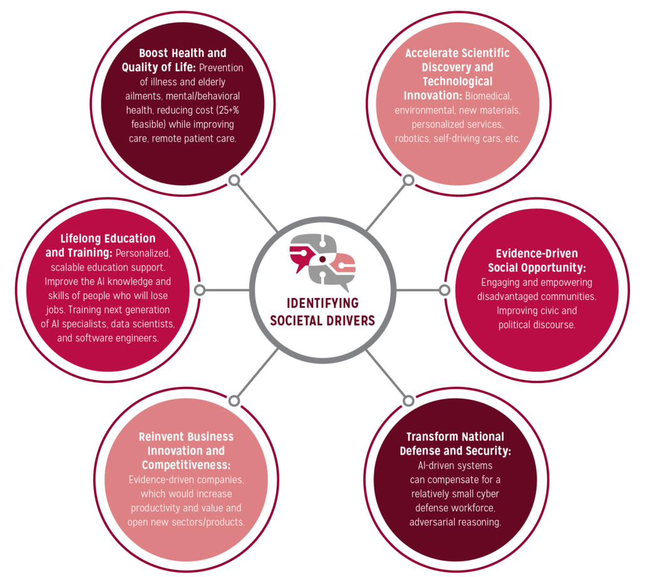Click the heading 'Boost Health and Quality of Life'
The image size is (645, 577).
(174, 60)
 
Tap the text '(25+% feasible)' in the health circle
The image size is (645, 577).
(185, 117)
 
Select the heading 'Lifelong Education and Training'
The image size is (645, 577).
(100, 245)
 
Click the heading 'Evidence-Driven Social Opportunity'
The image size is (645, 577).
(537, 260)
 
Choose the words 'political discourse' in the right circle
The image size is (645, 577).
(537, 325)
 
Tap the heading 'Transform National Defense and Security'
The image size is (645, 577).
(455, 444)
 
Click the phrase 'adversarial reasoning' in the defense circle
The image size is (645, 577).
(455, 523)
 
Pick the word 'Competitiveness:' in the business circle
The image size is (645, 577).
(186, 465)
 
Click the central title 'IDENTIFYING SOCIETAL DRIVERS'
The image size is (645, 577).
(322, 312)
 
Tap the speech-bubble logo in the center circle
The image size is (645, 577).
(322, 259)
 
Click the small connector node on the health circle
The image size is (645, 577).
(234, 180)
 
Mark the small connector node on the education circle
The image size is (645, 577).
(200, 290)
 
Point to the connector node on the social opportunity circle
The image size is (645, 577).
(444, 290)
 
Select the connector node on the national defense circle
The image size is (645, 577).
(408, 401)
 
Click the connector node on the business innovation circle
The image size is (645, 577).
(234, 401)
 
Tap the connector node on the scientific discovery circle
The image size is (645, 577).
(408, 180)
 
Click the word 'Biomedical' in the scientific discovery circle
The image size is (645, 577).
(488, 96)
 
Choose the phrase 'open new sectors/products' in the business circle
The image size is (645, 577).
(186, 523)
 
